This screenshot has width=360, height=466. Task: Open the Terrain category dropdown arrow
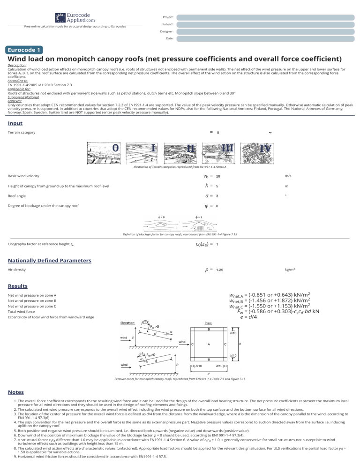(270, 133)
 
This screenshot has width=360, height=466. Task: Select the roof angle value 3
(217, 196)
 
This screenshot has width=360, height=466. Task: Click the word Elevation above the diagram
(128, 323)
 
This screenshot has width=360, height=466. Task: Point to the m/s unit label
(287, 176)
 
